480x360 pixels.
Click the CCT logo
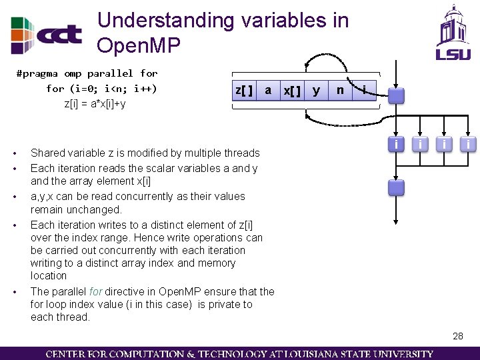point(47,34)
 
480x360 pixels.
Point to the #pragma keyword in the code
point(37,73)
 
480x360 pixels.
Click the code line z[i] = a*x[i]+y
point(95,103)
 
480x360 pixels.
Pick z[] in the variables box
point(243,90)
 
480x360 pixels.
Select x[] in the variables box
point(291,90)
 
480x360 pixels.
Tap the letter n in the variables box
point(340,90)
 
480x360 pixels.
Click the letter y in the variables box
point(316,90)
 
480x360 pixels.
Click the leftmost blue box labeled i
point(397,144)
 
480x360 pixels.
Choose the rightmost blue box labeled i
point(469,144)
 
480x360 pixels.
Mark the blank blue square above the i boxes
point(397,96)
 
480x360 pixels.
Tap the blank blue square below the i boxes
point(397,187)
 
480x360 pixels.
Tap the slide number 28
point(457,337)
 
